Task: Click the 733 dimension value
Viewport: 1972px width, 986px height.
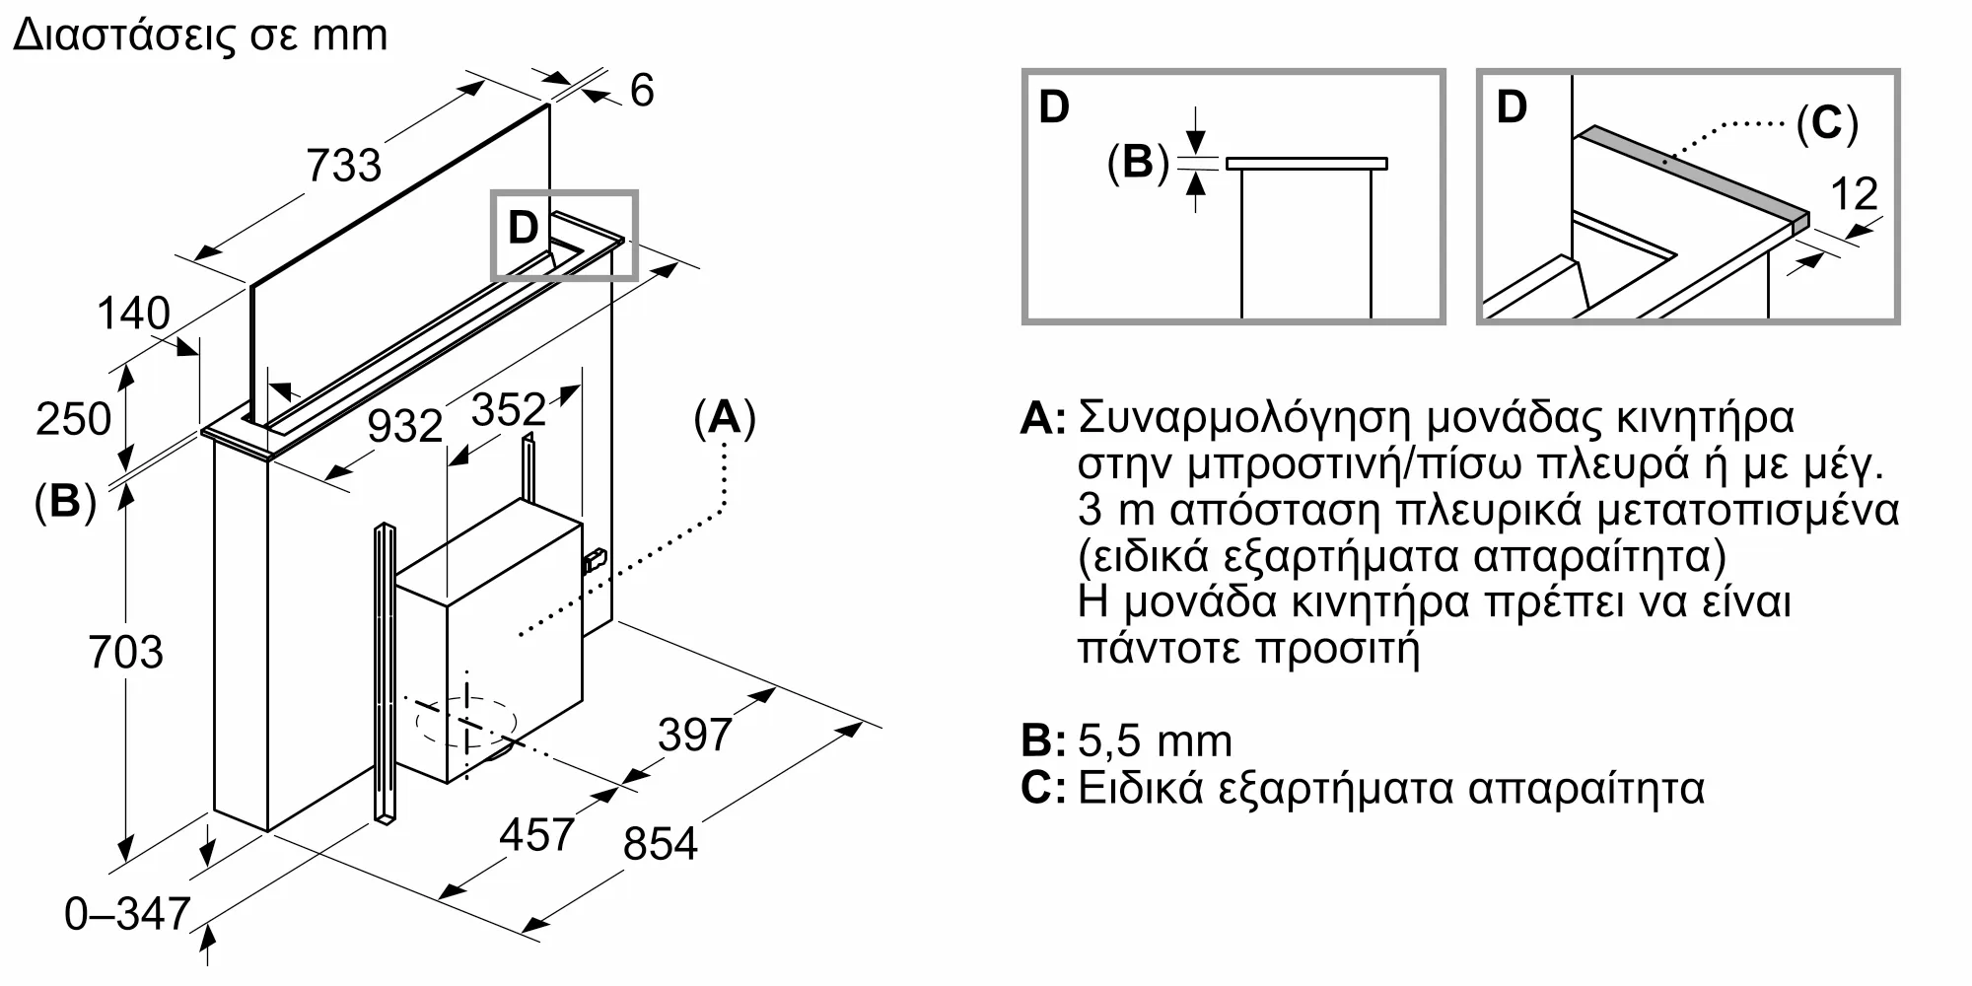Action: tap(343, 165)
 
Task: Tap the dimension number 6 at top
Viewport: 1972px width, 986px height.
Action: tap(641, 91)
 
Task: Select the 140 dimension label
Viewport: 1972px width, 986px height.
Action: tap(133, 314)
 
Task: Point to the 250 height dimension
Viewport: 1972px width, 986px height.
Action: tap(73, 419)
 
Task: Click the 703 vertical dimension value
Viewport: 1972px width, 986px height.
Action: tap(125, 653)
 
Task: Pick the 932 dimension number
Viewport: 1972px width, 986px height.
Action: tap(404, 426)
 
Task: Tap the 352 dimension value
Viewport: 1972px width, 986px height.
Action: tap(508, 409)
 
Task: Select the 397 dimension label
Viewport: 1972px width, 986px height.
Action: tap(695, 735)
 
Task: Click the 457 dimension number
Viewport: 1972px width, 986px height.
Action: tap(536, 835)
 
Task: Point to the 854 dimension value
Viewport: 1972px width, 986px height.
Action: tap(660, 844)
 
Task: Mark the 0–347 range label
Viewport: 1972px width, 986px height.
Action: tap(127, 914)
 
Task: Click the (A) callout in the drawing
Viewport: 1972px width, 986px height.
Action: tap(725, 418)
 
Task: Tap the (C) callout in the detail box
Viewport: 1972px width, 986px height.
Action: tap(1826, 124)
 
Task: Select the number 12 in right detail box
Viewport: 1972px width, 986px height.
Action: tap(1854, 194)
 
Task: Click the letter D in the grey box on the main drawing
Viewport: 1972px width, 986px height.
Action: tap(523, 228)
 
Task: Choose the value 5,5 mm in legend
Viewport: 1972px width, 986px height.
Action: tap(1155, 741)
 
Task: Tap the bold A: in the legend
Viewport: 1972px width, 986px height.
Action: tap(1043, 418)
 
